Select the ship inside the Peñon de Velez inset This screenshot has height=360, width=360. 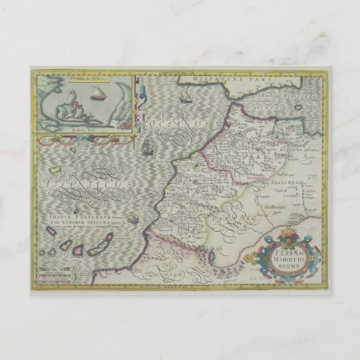(x=94, y=95)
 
